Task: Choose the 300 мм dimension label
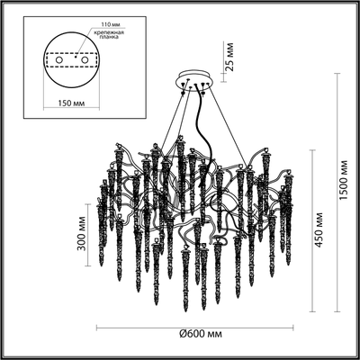pyautogui.click(x=83, y=231)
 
